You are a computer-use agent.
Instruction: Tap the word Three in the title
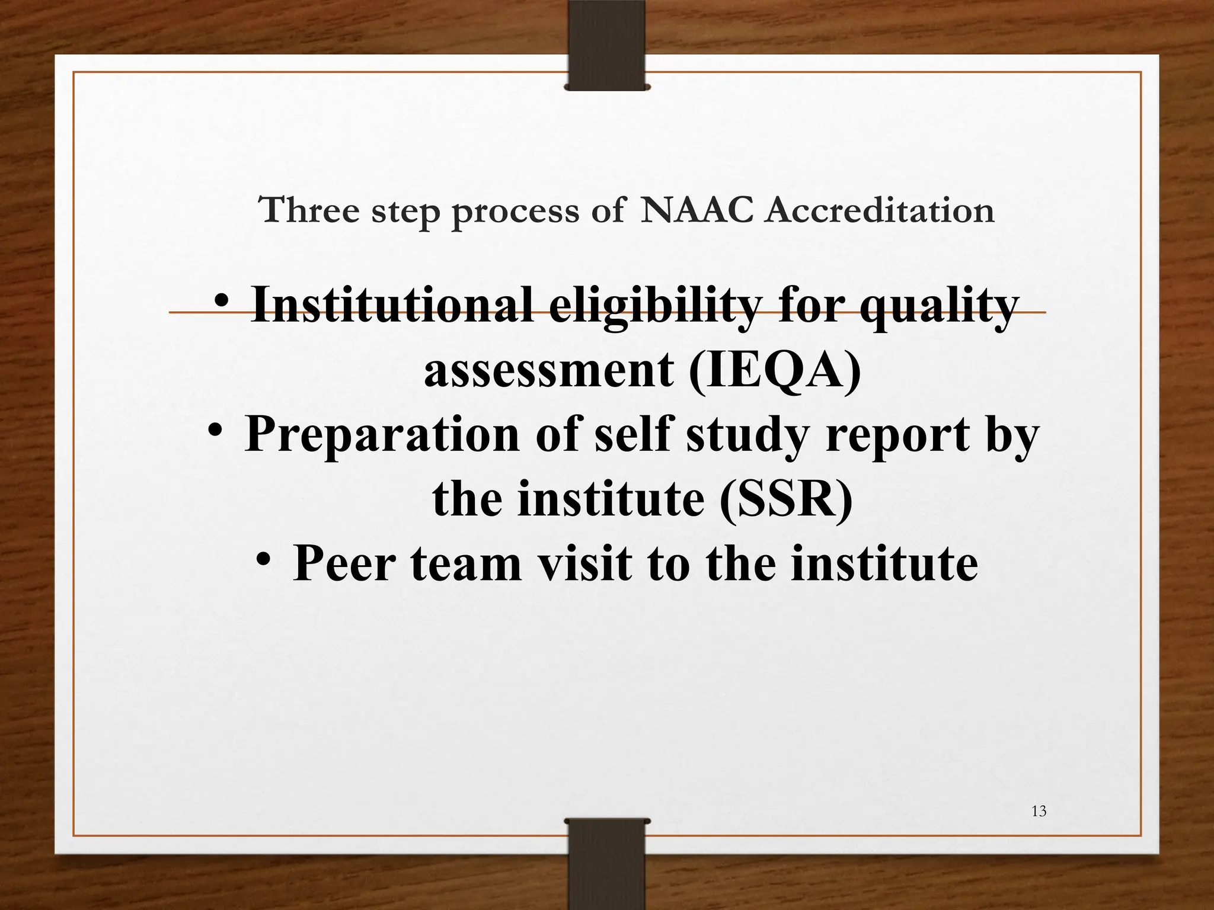tap(309, 210)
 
